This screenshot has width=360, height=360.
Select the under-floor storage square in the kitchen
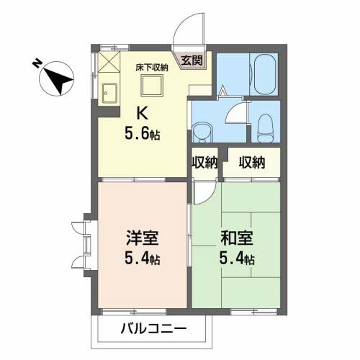click(x=152, y=87)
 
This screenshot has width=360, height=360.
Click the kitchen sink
click(x=111, y=94)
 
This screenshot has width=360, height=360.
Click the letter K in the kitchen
click(x=143, y=113)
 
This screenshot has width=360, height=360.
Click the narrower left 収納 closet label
click(x=204, y=163)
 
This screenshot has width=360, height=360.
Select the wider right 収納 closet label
click(x=252, y=163)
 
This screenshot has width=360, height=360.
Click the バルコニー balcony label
click(x=152, y=329)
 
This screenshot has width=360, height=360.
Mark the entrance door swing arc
click(x=184, y=29)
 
